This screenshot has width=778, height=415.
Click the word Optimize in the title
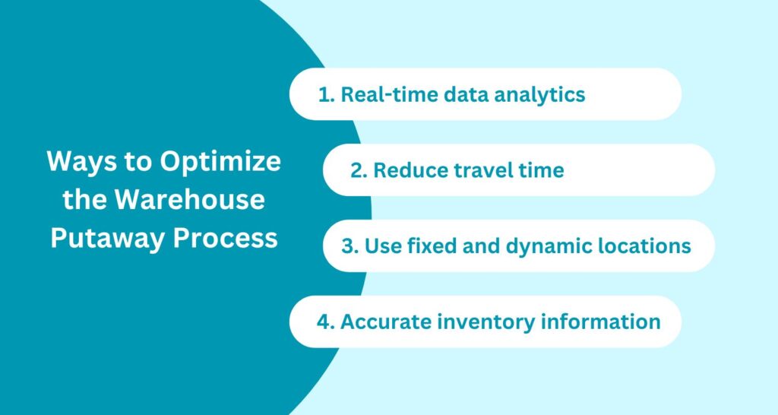[x=221, y=162]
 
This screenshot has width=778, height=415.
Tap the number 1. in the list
[x=325, y=94]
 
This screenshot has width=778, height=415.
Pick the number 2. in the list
[x=359, y=169]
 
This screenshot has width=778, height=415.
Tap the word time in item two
[x=542, y=169]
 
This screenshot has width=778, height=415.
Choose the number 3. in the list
[x=350, y=246]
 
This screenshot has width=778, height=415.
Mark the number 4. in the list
[x=325, y=322]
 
